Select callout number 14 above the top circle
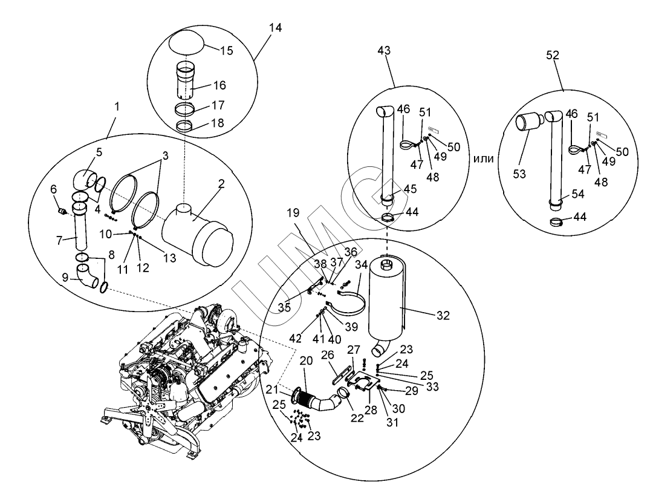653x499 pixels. (x=275, y=28)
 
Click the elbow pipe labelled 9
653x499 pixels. (x=88, y=276)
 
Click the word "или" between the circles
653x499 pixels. (x=484, y=158)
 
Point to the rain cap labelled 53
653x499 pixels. (x=528, y=122)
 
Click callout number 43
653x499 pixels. (x=383, y=51)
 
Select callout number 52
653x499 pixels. (x=552, y=56)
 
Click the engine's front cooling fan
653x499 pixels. (x=160, y=414)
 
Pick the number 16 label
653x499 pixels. (x=219, y=85)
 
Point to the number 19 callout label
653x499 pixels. (x=293, y=213)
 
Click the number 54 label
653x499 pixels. (x=577, y=194)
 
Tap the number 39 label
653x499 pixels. (x=351, y=327)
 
